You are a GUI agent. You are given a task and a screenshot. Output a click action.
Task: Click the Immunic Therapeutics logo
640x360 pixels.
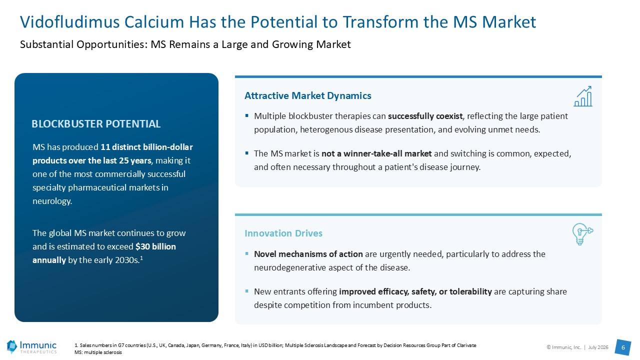coord(31,347)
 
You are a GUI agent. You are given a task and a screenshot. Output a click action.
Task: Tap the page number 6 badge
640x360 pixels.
coord(623,347)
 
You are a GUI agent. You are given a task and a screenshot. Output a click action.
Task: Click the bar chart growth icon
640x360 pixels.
coord(583,96)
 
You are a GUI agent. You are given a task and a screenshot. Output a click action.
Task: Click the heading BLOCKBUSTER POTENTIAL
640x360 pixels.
coord(96,123)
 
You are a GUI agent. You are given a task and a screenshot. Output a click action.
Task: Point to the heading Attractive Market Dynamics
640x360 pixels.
coord(307,95)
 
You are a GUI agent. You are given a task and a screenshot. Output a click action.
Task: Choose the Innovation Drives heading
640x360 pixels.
coord(283,233)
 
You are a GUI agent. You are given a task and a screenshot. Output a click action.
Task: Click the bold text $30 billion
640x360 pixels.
coord(155,246)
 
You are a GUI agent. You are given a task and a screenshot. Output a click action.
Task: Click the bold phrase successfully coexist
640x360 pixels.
coord(425,116)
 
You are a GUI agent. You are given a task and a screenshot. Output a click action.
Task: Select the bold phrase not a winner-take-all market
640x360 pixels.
coord(376,153)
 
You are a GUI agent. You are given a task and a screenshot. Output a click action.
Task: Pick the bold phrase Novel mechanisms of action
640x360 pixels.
coord(308,254)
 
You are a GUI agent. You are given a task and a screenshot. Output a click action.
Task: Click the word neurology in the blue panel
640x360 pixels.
coord(51,201)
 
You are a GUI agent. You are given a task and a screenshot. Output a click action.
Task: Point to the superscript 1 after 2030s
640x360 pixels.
coord(141,257)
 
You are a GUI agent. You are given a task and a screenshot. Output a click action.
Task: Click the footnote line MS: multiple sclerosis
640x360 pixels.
coord(98,352)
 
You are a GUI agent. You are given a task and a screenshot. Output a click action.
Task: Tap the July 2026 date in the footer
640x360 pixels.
coord(598,347)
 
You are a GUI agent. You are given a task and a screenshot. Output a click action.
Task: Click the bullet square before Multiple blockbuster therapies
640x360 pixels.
coord(247,115)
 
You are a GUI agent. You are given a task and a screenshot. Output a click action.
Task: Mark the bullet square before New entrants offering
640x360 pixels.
coord(247,291)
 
